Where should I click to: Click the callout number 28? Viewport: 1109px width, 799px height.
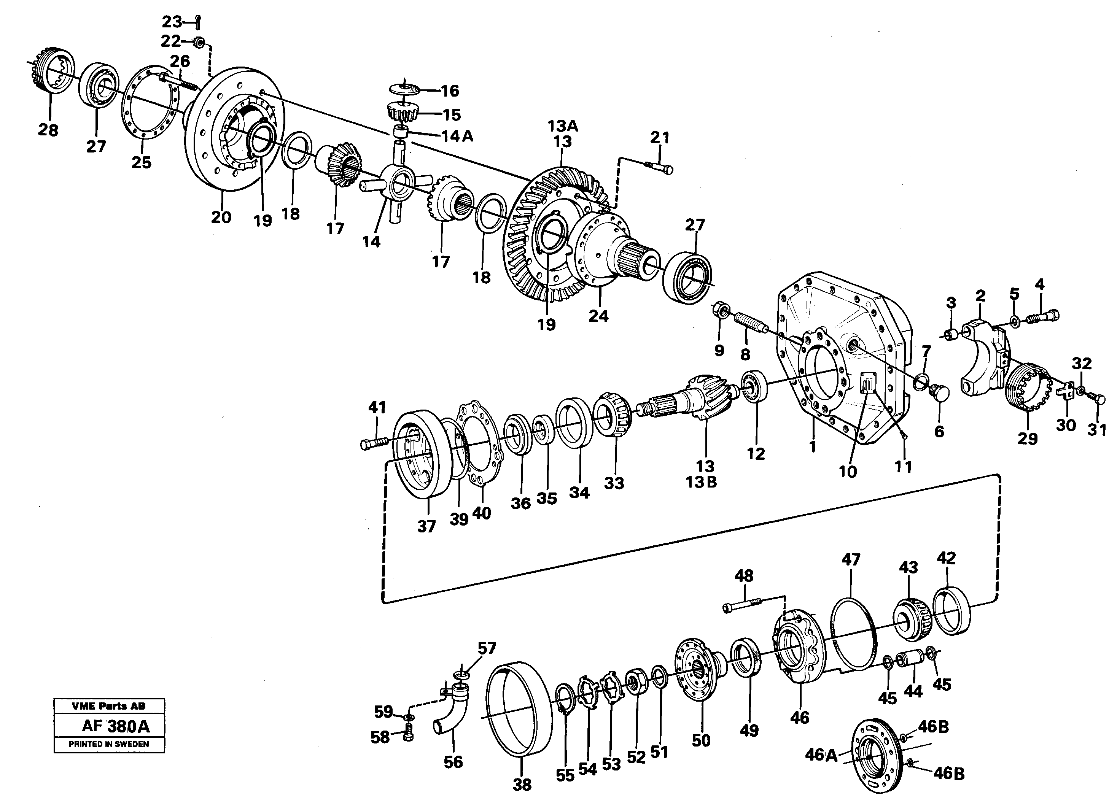point(48,130)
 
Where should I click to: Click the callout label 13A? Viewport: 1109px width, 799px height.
point(562,126)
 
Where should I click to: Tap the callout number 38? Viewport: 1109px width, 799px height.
point(522,785)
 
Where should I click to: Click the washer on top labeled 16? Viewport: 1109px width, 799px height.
point(406,89)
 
